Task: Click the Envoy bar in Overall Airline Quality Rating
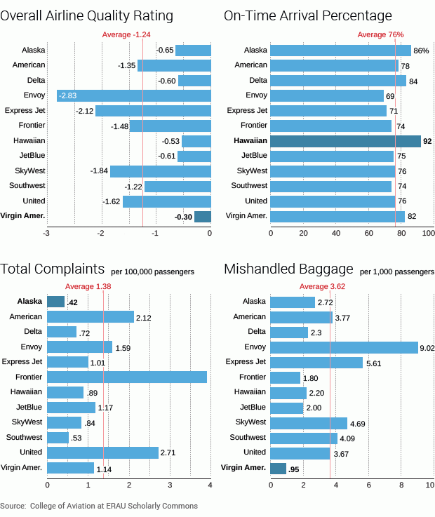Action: pos(133,95)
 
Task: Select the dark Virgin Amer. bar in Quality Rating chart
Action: pos(202,217)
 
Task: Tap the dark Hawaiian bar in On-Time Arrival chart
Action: pos(345,141)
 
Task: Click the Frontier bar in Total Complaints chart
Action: pos(127,377)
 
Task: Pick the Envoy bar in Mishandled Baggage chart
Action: pos(344,347)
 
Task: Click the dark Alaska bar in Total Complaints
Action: pos(56,302)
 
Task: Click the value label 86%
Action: pos(421,51)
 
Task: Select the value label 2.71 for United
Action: pos(168,452)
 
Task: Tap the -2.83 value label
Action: pos(68,95)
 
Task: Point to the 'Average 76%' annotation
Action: pos(380,34)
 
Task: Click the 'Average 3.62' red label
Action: pos(323,286)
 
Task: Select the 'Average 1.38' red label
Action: pos(88,286)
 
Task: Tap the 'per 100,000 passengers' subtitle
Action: pos(152,271)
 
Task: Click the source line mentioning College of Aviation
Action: pos(99,506)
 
